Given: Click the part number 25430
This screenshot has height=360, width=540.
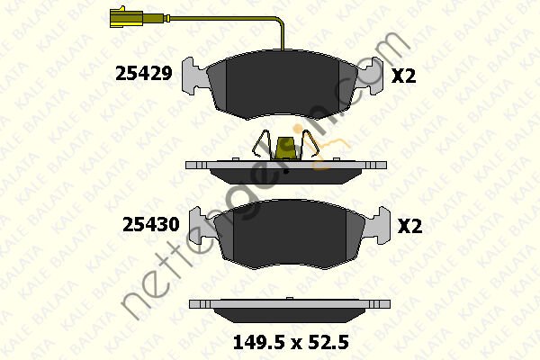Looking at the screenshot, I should pos(149,225).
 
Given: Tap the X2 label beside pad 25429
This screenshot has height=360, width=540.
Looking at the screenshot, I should pos(404,76).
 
